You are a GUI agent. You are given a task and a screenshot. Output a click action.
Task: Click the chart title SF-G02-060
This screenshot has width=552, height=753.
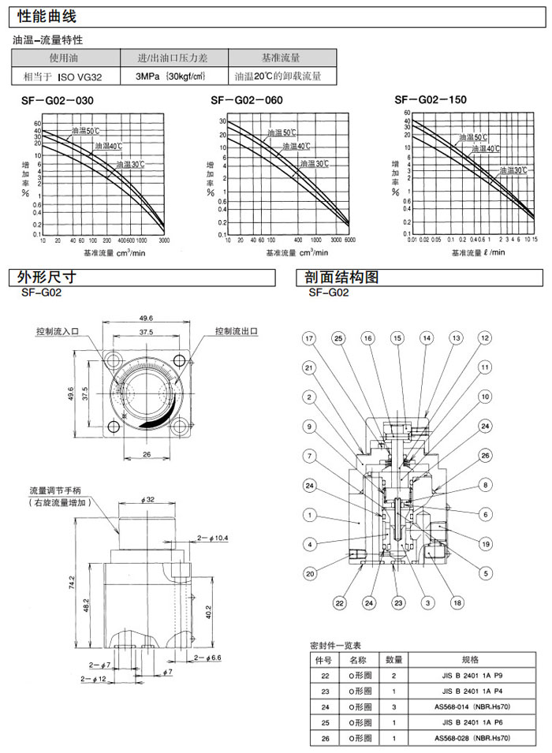pyautogui.click(x=247, y=100)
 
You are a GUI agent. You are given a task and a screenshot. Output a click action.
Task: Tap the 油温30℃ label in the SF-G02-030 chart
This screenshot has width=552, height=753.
pyautogui.click(x=130, y=164)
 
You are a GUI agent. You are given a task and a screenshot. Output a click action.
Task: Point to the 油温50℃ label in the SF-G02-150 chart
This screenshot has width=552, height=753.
pyautogui.click(x=473, y=137)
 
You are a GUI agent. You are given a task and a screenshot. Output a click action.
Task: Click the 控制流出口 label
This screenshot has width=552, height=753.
pyautogui.click(x=237, y=330)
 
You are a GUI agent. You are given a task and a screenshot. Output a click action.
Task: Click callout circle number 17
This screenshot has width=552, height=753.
pyautogui.click(x=309, y=338)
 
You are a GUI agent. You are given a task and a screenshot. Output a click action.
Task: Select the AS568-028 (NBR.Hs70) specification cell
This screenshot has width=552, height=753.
pyautogui.click(x=476, y=738)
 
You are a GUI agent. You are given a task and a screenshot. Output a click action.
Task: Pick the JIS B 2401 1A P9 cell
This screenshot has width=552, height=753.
pyautogui.click(x=476, y=675)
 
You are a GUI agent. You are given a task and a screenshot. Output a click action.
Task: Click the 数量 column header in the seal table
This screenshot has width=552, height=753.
pyautogui.click(x=394, y=659)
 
